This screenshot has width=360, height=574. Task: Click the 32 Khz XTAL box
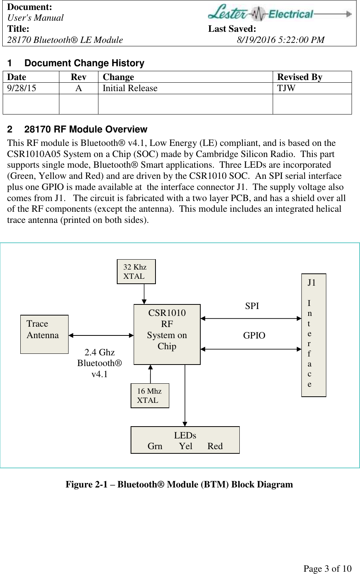click(x=136, y=271)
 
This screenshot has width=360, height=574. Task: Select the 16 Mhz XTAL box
click(x=150, y=396)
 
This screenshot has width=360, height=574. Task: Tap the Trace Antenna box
click(x=44, y=334)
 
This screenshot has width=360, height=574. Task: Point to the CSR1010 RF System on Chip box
click(x=167, y=334)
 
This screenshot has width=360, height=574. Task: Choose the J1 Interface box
click(x=313, y=335)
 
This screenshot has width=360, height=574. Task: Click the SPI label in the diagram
click(x=252, y=306)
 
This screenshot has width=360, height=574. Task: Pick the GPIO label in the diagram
click(x=254, y=335)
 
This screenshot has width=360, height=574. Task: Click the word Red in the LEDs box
click(x=215, y=446)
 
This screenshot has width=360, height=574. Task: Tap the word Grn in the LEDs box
click(x=155, y=446)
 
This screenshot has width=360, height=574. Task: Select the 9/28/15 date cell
click(x=22, y=88)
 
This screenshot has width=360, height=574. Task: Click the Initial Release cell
click(x=130, y=88)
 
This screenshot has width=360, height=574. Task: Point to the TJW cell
click(x=286, y=88)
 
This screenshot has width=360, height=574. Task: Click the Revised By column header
click(x=299, y=77)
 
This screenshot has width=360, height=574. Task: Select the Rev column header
click(x=79, y=77)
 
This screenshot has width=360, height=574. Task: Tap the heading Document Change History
click(x=84, y=63)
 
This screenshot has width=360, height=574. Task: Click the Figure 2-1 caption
click(x=179, y=484)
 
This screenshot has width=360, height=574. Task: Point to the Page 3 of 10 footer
click(x=327, y=569)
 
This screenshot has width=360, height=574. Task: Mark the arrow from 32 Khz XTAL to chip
click(x=144, y=294)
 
